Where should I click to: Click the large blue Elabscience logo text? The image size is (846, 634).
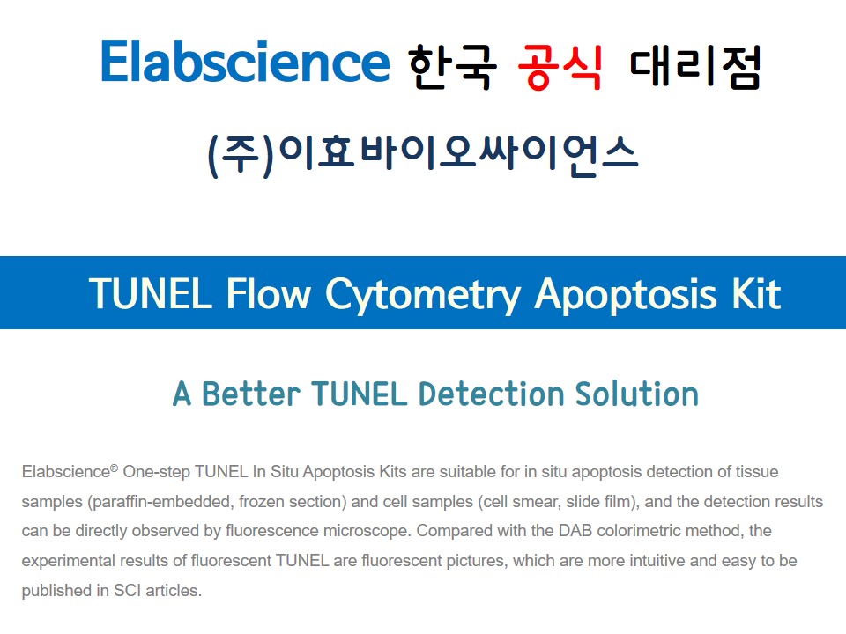[245, 61]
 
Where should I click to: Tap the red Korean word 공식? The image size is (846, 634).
[560, 67]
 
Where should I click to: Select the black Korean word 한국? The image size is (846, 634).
[452, 67]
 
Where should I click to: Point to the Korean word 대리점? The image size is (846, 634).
[695, 67]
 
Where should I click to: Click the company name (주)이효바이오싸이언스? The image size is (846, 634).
[423, 155]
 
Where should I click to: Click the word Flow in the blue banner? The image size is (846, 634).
[269, 294]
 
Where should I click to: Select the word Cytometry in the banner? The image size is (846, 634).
[423, 297]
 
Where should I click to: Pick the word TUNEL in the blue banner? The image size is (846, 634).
[151, 294]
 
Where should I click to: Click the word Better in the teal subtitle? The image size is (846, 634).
[251, 394]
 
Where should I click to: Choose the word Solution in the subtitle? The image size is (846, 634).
[636, 394]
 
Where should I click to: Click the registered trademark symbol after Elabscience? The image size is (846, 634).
[114, 468]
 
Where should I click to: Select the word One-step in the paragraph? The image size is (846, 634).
[157, 472]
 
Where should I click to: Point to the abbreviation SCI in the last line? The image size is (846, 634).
[127, 590]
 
